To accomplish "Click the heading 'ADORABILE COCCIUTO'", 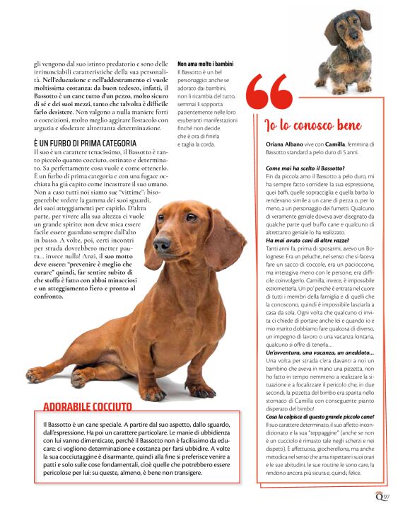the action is tap(87, 406).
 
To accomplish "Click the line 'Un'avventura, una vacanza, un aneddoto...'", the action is tap(315, 352).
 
